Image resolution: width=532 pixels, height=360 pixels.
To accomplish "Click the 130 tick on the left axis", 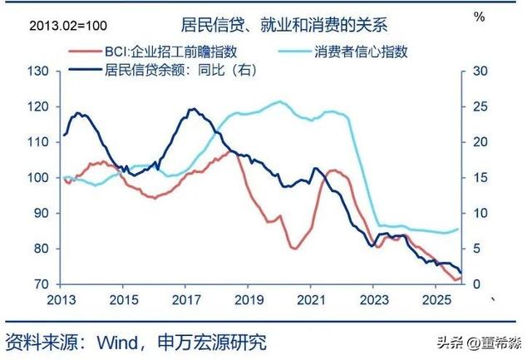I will click(38, 72).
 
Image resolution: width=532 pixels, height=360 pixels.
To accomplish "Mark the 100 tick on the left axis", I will click(38, 178).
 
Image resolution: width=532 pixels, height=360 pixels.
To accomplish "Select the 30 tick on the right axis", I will click(477, 72).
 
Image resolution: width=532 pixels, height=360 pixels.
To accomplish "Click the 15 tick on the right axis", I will click(477, 178).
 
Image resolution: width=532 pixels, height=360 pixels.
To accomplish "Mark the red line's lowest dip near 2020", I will click(295, 248).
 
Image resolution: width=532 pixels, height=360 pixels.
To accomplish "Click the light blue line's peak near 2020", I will click(279, 101).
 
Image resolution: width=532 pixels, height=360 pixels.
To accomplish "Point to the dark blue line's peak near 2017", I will click(192, 109).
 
